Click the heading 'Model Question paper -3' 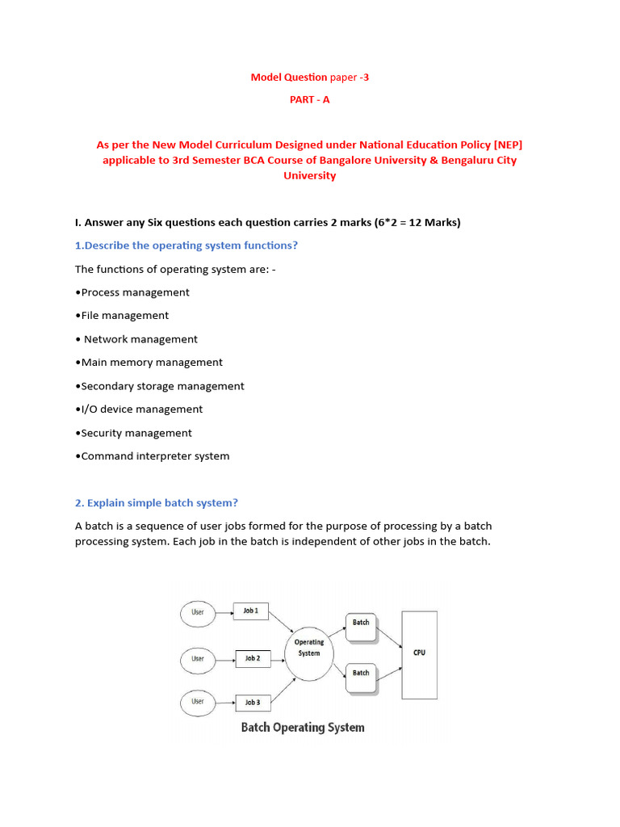(x=309, y=78)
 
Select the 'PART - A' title (x=309, y=100)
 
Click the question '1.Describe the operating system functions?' (x=186, y=246)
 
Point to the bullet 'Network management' (x=136, y=339)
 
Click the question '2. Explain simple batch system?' (x=157, y=503)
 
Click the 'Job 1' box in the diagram (x=251, y=611)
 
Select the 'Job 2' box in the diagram (x=253, y=659)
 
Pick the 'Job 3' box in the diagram (x=253, y=702)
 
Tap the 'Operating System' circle (x=309, y=648)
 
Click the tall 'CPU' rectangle (x=419, y=654)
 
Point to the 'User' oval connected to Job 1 (x=198, y=612)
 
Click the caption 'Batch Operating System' (x=303, y=728)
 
